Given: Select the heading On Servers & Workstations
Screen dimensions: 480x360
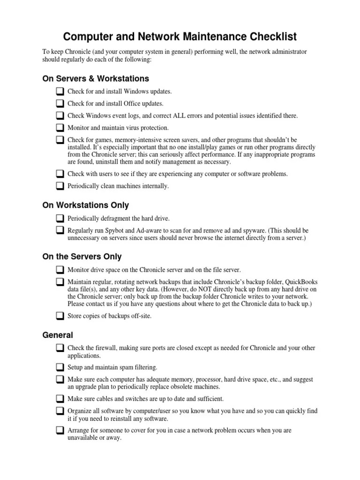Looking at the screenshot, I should (x=96, y=78).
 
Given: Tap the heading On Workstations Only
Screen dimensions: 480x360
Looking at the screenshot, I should (x=86, y=205).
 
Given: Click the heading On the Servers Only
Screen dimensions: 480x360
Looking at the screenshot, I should (x=82, y=256).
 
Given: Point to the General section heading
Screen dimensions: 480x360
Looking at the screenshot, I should (x=58, y=335).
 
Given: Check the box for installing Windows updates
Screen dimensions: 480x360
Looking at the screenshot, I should (x=60, y=91).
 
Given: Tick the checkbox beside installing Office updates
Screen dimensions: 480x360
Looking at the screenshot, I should (x=60, y=103).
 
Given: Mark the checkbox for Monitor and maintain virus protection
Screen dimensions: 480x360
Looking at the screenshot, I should (x=60, y=127).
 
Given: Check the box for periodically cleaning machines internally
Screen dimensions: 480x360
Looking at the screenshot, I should (x=60, y=186).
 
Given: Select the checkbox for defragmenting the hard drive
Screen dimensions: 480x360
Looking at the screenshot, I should (x=60, y=218).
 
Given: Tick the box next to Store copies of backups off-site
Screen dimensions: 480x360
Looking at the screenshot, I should (x=60, y=316).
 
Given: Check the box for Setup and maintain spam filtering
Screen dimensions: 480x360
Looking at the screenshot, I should (x=60, y=367).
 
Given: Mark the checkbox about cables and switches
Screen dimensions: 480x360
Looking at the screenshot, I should (x=60, y=399).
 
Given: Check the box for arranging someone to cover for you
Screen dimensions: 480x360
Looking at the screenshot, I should (x=60, y=430).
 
